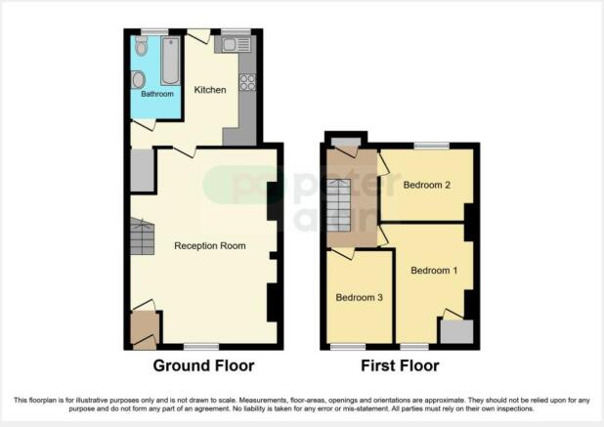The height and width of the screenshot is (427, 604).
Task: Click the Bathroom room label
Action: (x=157, y=94)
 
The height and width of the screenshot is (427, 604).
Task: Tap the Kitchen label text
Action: (x=210, y=90)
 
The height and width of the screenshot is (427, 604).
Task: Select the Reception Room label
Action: (x=210, y=245)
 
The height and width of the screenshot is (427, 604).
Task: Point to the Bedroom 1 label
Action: (x=434, y=271)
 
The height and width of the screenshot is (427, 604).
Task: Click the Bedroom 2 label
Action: (x=427, y=185)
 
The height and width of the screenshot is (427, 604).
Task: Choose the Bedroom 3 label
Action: (x=359, y=297)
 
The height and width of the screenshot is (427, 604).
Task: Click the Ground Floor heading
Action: (x=203, y=365)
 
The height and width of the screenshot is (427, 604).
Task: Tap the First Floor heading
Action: (x=400, y=365)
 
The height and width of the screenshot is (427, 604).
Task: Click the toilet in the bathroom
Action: (x=142, y=47)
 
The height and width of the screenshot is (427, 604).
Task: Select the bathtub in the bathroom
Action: (x=170, y=61)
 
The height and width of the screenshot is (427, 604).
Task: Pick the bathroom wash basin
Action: (x=138, y=80)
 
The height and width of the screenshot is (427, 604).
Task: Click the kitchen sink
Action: (x=237, y=45)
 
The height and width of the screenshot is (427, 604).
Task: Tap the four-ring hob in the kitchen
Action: (x=247, y=82)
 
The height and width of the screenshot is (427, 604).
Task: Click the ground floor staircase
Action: (x=142, y=236)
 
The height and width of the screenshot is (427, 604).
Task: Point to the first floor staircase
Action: (x=339, y=205)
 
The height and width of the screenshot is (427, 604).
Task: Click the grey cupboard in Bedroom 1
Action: (x=456, y=331)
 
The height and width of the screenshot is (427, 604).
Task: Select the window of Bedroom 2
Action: (x=432, y=146)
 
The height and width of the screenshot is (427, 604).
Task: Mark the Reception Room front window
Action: (x=201, y=347)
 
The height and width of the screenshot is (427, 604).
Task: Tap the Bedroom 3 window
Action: (x=348, y=347)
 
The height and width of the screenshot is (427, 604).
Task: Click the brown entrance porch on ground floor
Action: (x=145, y=330)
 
